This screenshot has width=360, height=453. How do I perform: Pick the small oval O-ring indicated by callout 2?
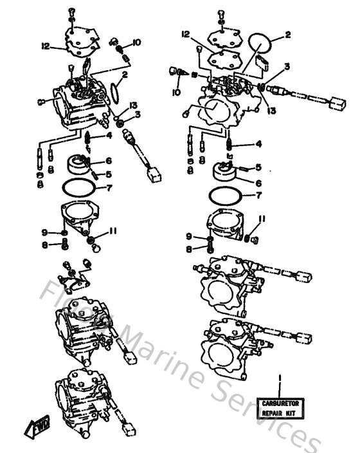click(x=114, y=92)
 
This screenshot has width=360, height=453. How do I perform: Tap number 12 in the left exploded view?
click(x=46, y=45)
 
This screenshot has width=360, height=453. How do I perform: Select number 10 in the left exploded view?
click(x=136, y=42)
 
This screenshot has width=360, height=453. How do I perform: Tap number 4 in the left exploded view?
click(x=110, y=136)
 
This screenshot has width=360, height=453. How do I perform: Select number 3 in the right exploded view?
click(x=287, y=66)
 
